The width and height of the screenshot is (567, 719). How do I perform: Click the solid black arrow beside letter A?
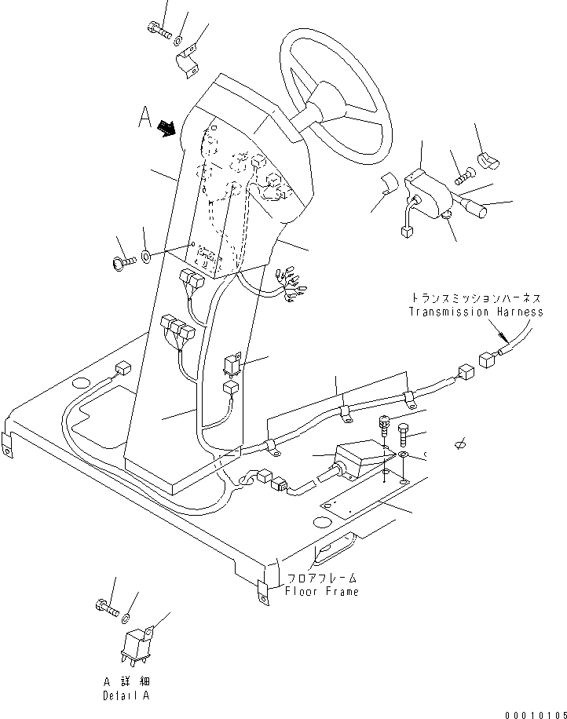click(x=167, y=127)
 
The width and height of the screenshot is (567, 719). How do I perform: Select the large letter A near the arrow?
click(x=144, y=118)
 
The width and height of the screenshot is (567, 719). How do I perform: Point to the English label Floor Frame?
click(x=322, y=591)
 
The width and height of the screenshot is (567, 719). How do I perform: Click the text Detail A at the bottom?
click(x=126, y=696)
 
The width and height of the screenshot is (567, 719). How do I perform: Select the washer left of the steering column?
click(x=148, y=254)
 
